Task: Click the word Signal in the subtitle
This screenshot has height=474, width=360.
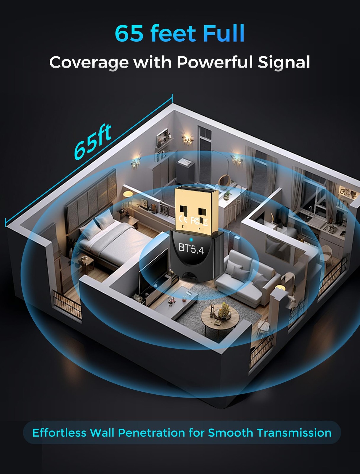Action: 284,63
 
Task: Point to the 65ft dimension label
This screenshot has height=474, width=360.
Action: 92,142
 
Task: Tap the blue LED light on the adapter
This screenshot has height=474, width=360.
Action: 191,239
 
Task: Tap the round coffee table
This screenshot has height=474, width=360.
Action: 220,316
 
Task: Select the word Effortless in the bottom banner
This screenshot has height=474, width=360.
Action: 59,433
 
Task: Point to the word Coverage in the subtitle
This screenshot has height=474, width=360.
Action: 89,63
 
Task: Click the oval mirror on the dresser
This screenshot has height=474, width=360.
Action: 224,180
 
